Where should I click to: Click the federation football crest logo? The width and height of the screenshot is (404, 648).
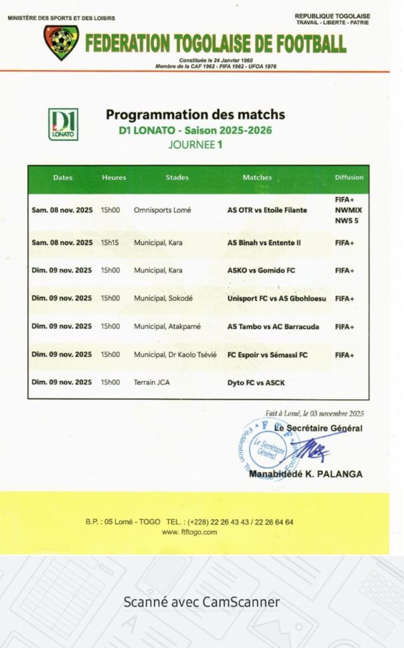[x=61, y=42]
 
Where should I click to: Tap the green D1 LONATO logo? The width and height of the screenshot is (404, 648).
[x=63, y=124]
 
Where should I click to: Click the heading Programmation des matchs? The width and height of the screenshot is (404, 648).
[x=195, y=115]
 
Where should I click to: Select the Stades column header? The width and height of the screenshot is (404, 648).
[x=177, y=178]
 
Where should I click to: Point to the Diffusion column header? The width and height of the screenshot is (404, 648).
[x=349, y=178]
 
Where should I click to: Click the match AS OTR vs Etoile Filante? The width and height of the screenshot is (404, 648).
[x=267, y=210]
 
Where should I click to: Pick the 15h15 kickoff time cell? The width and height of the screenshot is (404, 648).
[x=110, y=242]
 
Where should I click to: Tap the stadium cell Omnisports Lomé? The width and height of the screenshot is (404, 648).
[x=162, y=210]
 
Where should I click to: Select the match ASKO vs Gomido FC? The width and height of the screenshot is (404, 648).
[x=261, y=270]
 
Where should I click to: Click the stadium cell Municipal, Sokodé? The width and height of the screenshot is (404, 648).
[x=163, y=298]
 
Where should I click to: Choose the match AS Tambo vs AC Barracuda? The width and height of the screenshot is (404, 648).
[x=273, y=327]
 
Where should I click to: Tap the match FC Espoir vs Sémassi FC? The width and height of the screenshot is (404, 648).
[x=267, y=355]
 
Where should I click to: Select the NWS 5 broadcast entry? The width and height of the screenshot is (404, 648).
[x=347, y=221]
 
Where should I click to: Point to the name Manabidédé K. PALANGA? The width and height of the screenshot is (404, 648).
[x=306, y=474]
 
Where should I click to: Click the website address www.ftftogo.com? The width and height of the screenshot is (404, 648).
[x=189, y=532]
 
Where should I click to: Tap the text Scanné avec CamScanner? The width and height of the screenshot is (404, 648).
[x=201, y=602]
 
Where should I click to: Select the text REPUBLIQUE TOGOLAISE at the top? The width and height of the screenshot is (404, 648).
[x=332, y=16]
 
